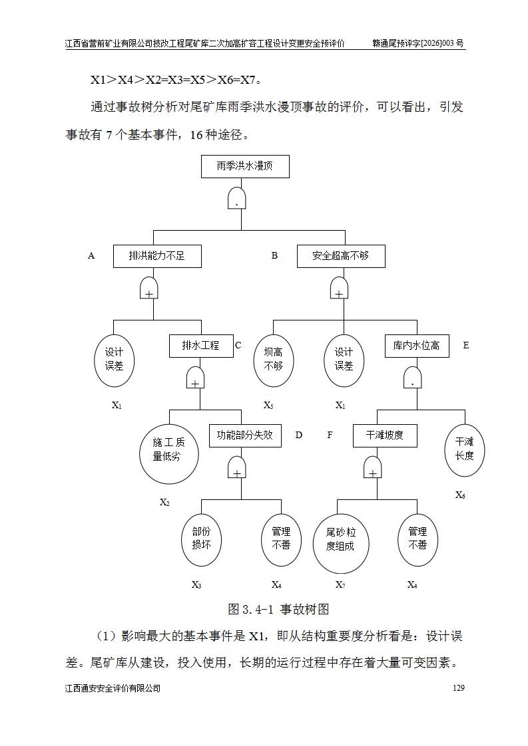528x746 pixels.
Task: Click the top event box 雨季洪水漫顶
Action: tap(245, 166)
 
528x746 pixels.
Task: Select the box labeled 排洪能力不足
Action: tap(157, 256)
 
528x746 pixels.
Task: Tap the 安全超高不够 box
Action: tap(341, 256)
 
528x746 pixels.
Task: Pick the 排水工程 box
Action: tap(201, 346)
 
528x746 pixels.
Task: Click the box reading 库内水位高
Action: tap(417, 346)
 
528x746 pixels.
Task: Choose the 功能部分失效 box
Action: tap(245, 435)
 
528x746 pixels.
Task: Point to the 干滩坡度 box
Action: tap(385, 435)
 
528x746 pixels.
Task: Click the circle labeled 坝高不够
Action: tap(273, 360)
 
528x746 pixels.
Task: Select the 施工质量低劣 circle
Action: tap(169, 454)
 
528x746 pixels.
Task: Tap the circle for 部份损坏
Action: tap(201, 540)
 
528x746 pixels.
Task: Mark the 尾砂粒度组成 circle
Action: tap(341, 544)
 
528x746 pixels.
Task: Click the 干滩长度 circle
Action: tap(465, 450)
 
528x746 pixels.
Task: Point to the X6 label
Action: tap(460, 495)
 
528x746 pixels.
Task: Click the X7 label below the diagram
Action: tap(340, 584)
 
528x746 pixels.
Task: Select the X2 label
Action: tap(164, 503)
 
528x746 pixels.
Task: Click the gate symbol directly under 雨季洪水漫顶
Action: tap(237, 198)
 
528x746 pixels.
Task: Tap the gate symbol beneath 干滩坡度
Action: tap(373, 467)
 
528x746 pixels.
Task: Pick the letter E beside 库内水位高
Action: tap(466, 345)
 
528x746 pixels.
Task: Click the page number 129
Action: tap(459, 688)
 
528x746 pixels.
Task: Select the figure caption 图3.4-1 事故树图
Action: tap(278, 610)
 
